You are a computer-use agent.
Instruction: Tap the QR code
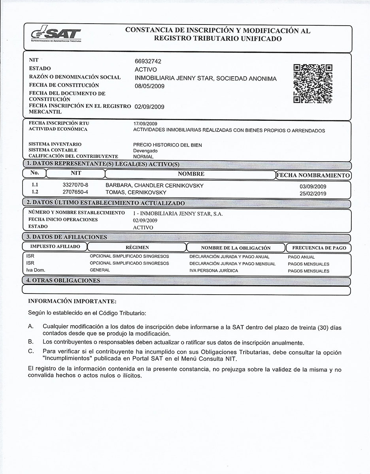[313, 84]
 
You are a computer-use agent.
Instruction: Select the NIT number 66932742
[148, 61]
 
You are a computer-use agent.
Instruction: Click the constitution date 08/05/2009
[149, 86]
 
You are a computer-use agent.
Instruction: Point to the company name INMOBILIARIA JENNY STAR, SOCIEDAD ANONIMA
[206, 78]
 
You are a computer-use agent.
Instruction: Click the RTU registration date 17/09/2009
[145, 124]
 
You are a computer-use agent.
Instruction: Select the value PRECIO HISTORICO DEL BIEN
[168, 145]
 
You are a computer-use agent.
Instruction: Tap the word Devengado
[145, 151]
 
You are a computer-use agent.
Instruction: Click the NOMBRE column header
[191, 174]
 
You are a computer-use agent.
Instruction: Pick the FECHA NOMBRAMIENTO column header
[313, 175]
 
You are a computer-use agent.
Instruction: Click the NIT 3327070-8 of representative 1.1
[76, 185]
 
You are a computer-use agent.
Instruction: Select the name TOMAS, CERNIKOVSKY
[136, 192]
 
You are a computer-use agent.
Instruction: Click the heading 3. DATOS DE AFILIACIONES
[67, 237]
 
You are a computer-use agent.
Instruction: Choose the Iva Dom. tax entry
[36, 270]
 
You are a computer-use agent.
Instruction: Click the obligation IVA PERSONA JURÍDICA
[214, 271]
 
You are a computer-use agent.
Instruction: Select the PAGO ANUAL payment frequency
[301, 257]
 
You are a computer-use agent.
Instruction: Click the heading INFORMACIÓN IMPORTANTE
[72, 301]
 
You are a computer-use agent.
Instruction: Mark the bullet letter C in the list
[30, 351]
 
